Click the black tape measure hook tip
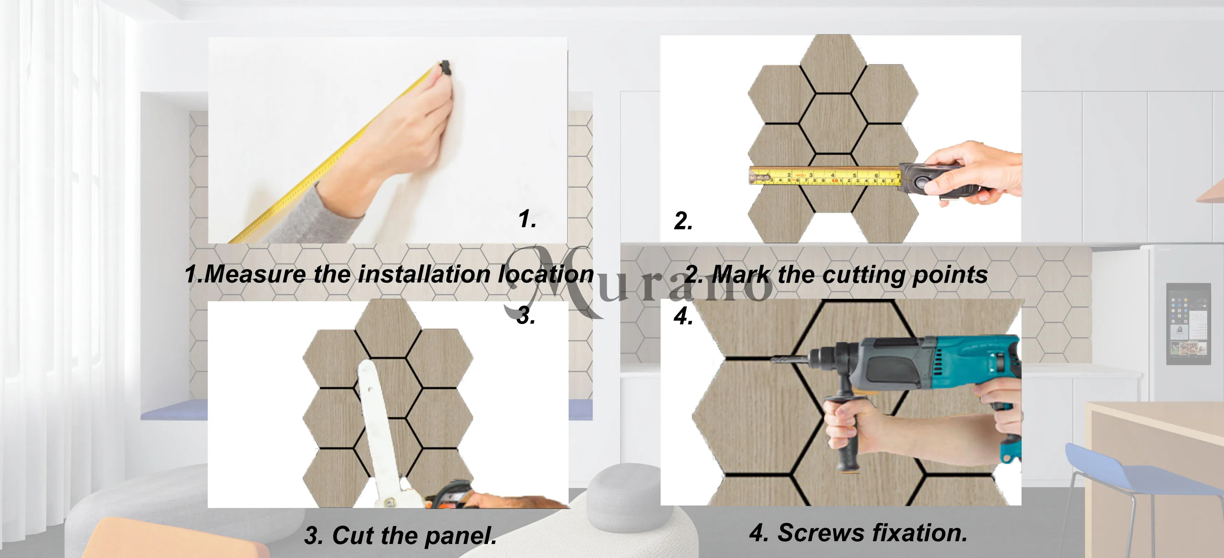click(x=445, y=68)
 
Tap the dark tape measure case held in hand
click(x=931, y=180)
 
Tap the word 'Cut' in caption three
click(x=353, y=535)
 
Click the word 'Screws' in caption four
click(x=820, y=533)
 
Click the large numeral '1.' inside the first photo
click(x=527, y=219)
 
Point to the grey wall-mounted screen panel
click(x=1188, y=324)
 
